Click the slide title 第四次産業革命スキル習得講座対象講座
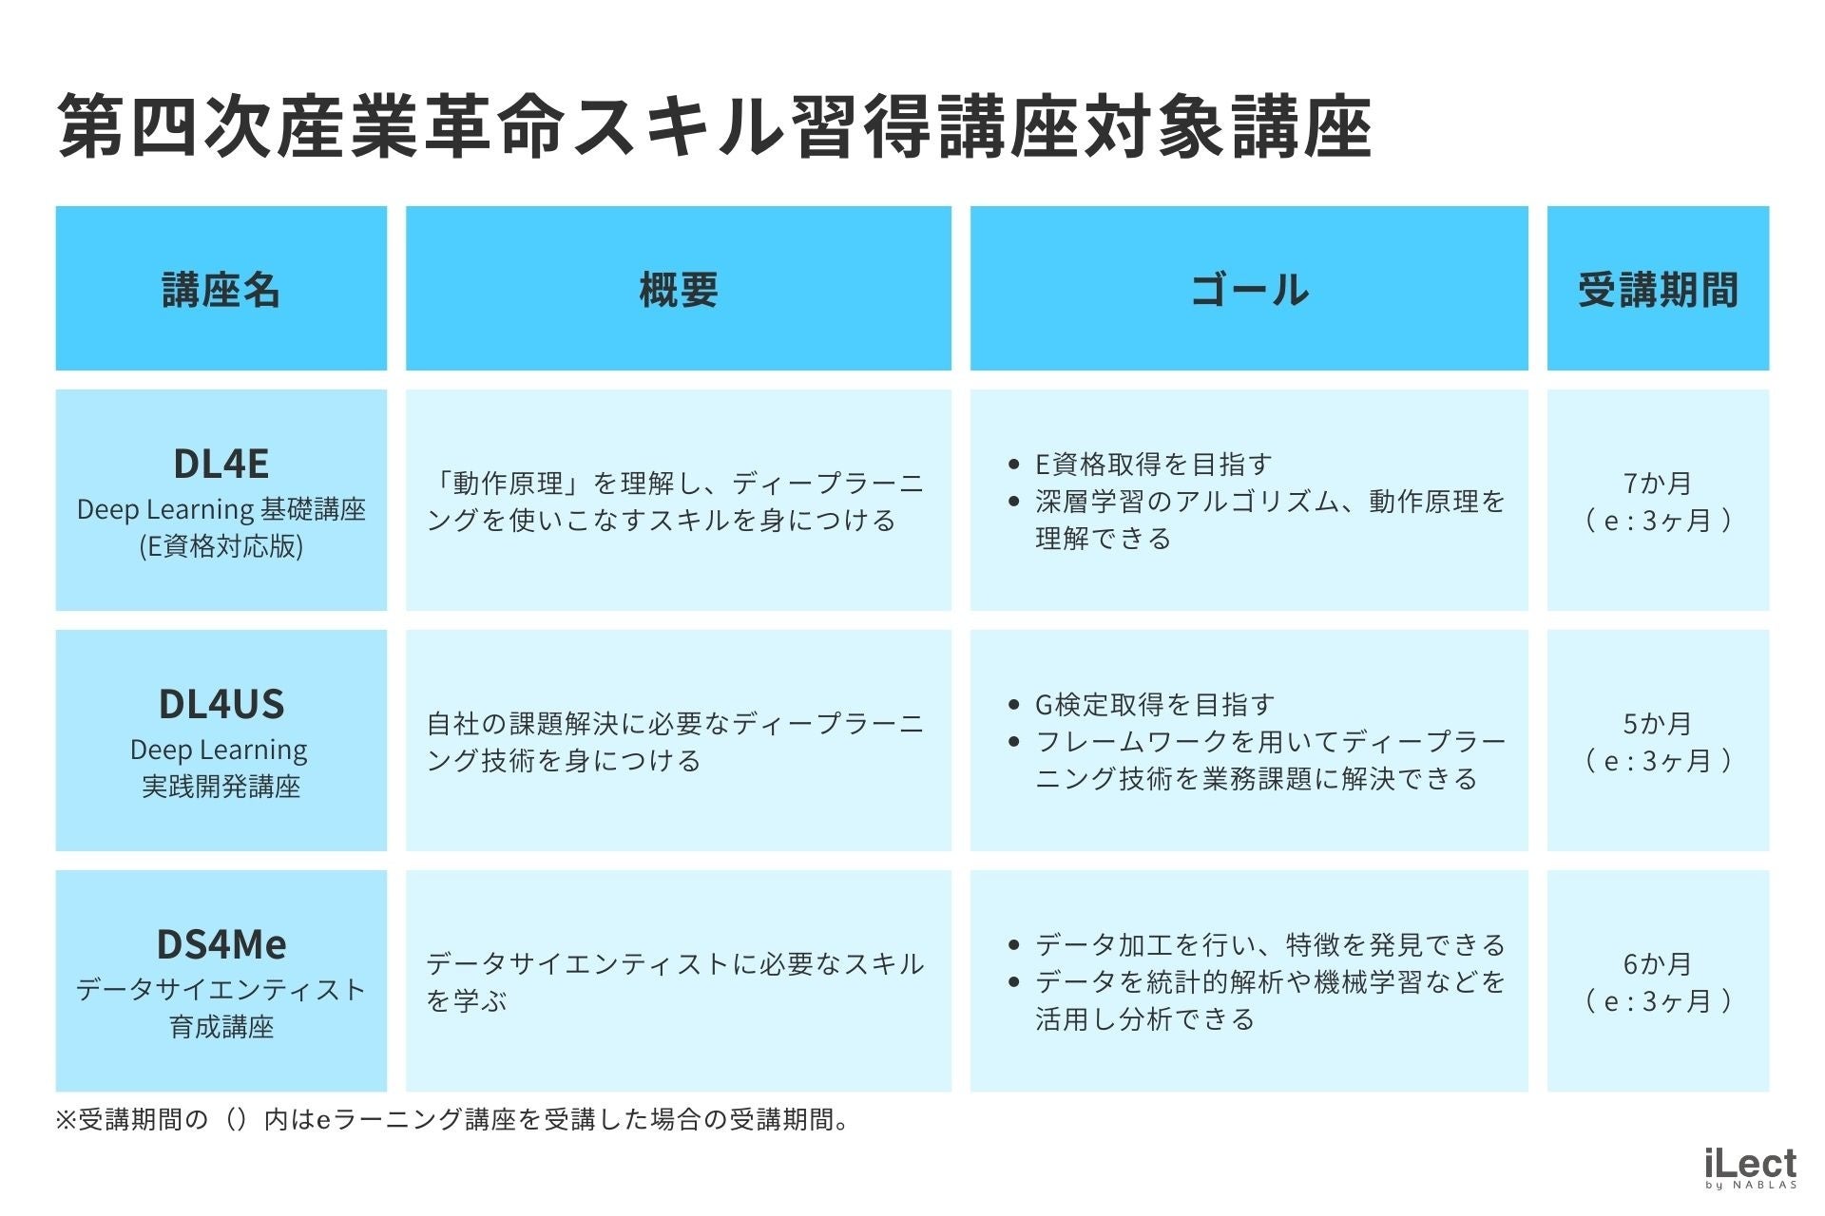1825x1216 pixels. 714,126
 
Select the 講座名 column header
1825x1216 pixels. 221,290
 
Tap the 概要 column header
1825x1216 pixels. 679,290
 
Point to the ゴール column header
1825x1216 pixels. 1249,290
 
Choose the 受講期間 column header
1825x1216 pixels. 1658,290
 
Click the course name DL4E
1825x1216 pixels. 221,464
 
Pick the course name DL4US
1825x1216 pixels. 221,704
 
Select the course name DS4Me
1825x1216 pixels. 221,944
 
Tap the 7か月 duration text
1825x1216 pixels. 1658,484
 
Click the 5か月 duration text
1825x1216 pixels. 1658,724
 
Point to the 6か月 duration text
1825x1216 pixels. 1658,964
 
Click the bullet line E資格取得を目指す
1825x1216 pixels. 1153,465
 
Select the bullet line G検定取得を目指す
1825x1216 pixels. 1154,705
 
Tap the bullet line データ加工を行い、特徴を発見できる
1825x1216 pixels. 1270,945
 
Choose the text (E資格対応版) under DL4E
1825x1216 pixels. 221,546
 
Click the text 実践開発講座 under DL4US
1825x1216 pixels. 221,787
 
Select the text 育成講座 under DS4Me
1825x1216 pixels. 221,1027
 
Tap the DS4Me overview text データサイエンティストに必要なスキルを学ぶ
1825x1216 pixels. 675,982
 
